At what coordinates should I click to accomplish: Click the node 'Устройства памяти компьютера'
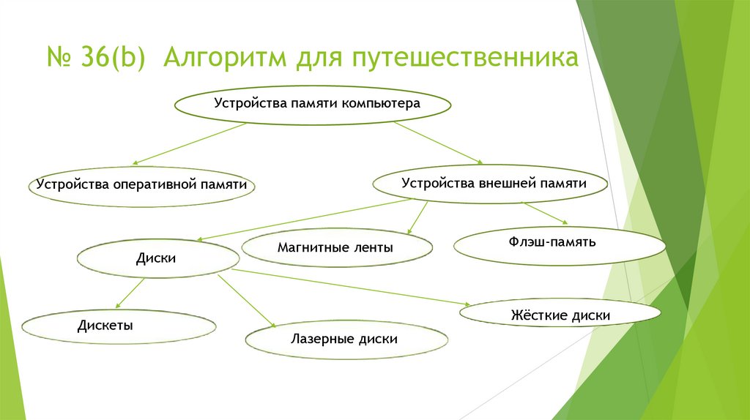[313, 104]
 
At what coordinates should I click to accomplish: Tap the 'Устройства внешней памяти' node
[491, 184]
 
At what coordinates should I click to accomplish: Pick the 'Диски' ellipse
[158, 258]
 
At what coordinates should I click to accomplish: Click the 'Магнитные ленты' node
[336, 248]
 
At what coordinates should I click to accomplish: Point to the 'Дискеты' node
[119, 326]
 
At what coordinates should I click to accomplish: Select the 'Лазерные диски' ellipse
[346, 340]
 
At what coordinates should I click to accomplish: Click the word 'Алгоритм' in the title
[225, 57]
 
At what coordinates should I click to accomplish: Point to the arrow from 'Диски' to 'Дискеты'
[130, 290]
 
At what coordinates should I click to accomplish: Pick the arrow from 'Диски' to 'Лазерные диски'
[246, 300]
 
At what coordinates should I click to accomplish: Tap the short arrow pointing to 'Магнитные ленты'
[417, 217]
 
